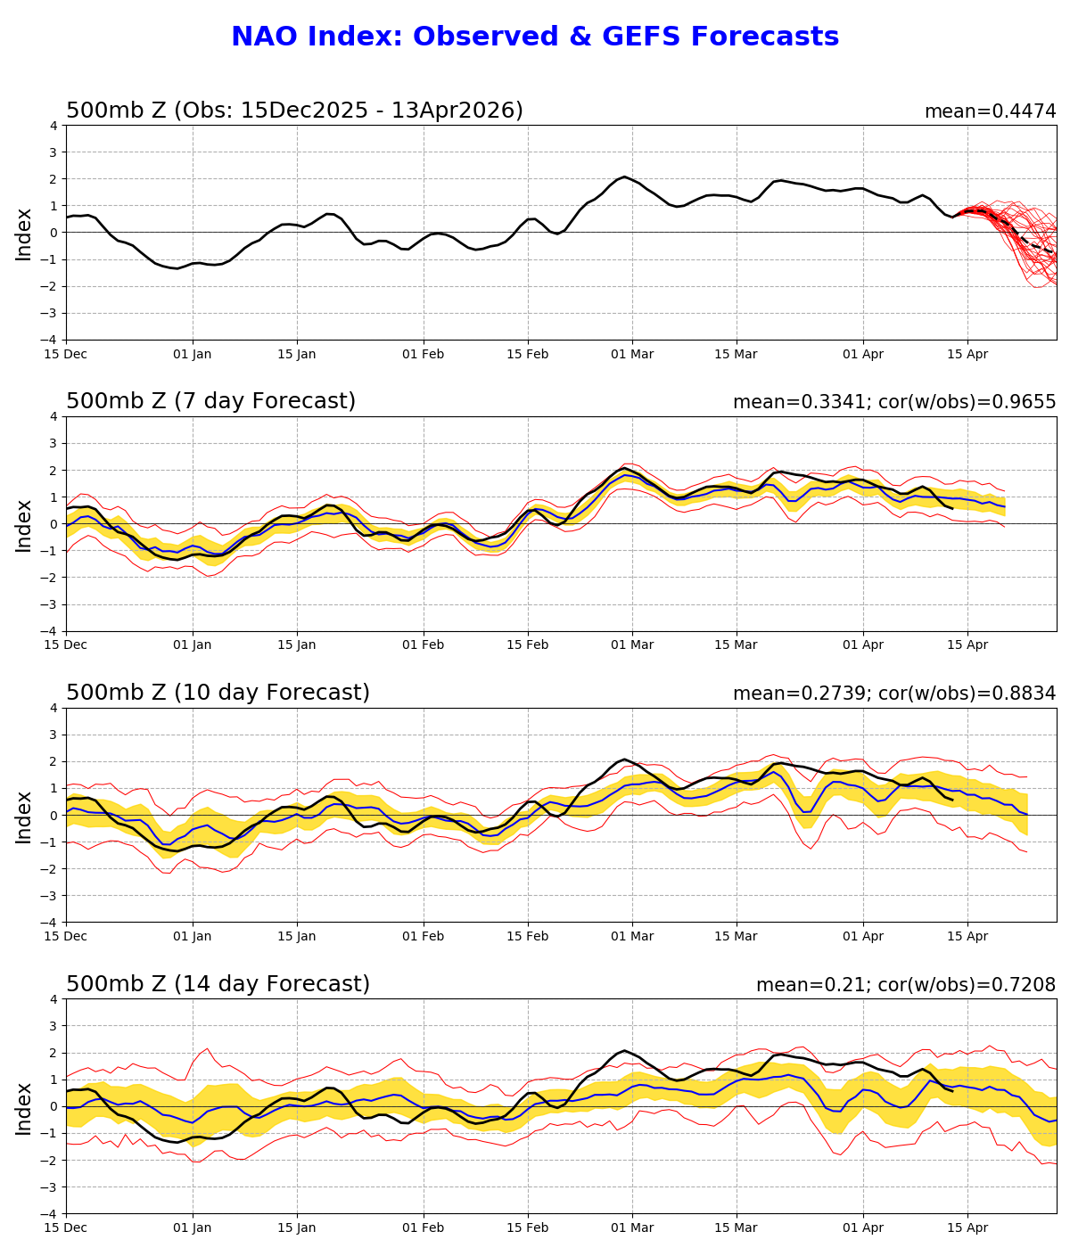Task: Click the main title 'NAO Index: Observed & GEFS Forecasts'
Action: pyautogui.click(x=535, y=37)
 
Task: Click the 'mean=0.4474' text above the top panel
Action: pyautogui.click(x=990, y=111)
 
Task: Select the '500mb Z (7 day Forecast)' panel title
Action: pyautogui.click(x=210, y=402)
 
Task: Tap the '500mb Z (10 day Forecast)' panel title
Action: pyautogui.click(x=218, y=694)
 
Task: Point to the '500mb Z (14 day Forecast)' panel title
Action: pyautogui.click(x=218, y=985)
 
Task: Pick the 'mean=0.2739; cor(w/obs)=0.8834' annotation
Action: pyautogui.click(x=893, y=694)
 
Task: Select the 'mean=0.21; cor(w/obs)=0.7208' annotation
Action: pyautogui.click(x=905, y=985)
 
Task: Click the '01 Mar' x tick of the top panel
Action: pyautogui.click(x=632, y=354)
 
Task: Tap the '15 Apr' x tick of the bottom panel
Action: pyautogui.click(x=967, y=1228)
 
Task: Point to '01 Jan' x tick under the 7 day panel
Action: pyautogui.click(x=193, y=645)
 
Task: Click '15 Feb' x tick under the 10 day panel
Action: pyautogui.click(x=527, y=937)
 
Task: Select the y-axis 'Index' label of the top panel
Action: pyautogui.click(x=24, y=234)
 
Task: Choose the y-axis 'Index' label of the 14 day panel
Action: pyautogui.click(x=24, y=1107)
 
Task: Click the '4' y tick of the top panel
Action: pyautogui.click(x=53, y=126)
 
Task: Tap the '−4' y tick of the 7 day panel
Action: pyautogui.click(x=50, y=631)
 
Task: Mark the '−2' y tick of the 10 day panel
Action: pyautogui.click(x=50, y=869)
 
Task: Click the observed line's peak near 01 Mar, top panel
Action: pyautogui.click(x=624, y=177)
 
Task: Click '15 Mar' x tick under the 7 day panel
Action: pyautogui.click(x=736, y=645)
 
